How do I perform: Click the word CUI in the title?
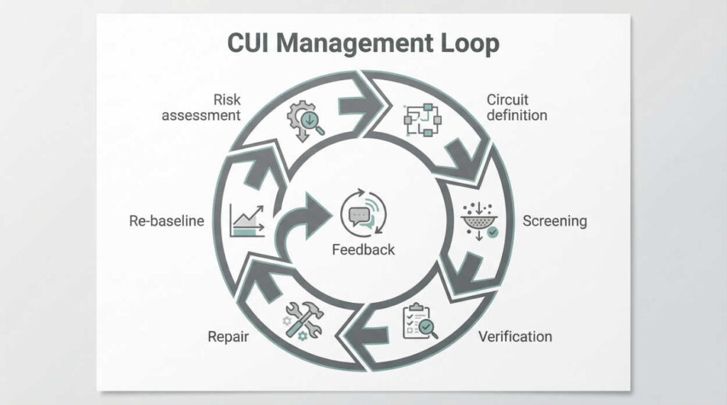tap(248, 43)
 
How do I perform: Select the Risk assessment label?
tap(201, 107)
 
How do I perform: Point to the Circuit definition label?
tap(517, 107)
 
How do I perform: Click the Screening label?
tap(554, 221)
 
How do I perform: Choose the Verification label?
tap(515, 336)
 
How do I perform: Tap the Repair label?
tap(228, 336)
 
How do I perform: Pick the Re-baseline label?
tap(166, 221)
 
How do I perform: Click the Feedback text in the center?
tap(363, 250)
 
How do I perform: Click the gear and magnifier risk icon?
tap(305, 121)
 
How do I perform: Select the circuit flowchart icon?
tap(422, 120)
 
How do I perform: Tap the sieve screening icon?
tap(480, 221)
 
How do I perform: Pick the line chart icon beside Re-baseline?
tap(247, 221)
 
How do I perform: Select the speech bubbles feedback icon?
tap(363, 212)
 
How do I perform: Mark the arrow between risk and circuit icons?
tap(359, 106)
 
